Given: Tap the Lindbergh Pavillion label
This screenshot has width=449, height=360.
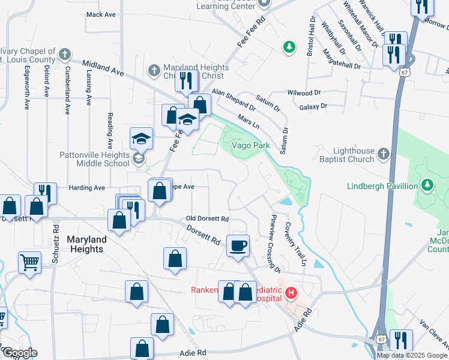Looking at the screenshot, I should pos(382,186).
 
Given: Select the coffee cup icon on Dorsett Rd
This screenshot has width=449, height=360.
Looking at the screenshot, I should pos(238,245).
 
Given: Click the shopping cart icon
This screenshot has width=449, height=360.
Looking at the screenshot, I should pos(30,262).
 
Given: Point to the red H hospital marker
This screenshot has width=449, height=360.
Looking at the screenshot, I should pos(291,293).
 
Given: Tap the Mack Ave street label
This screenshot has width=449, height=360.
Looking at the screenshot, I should pos(101,14).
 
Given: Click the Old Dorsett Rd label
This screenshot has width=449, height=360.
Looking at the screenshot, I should pos(208,219).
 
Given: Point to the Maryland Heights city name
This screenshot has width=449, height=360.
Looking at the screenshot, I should pos(86,244).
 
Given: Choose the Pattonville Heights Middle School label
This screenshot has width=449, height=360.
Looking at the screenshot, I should pos(94,159).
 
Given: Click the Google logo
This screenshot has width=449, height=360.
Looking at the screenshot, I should pos(19,353).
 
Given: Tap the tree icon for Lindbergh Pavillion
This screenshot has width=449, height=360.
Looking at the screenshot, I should pos(427,184).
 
